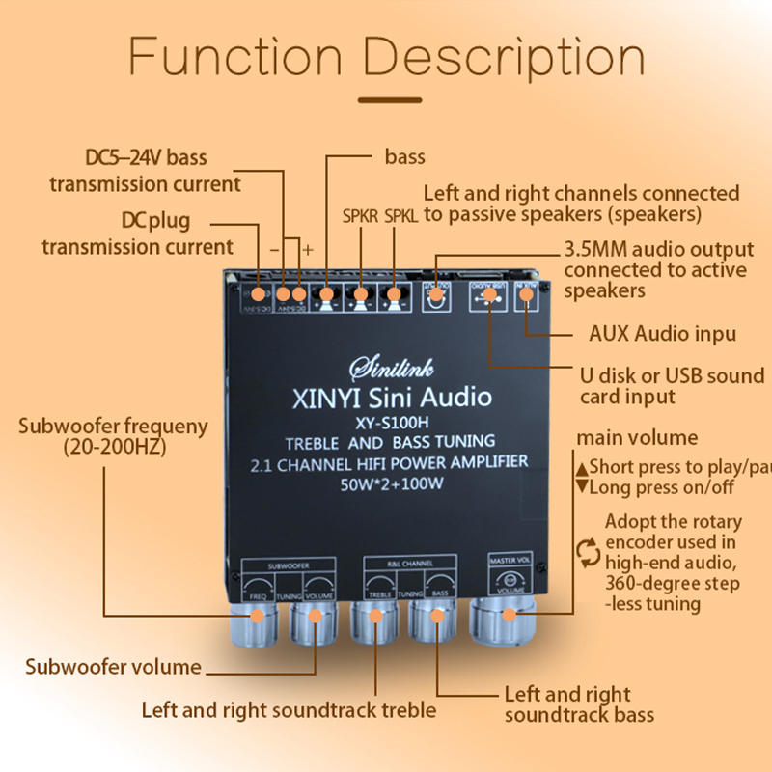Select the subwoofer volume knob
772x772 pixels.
point(314,628)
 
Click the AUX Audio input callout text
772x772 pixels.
point(663,334)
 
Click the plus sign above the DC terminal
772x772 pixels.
point(309,250)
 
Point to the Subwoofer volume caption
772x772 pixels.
point(114,667)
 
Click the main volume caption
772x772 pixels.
point(637,437)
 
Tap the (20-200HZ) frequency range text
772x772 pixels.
point(113,447)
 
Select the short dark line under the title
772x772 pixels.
point(389,99)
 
